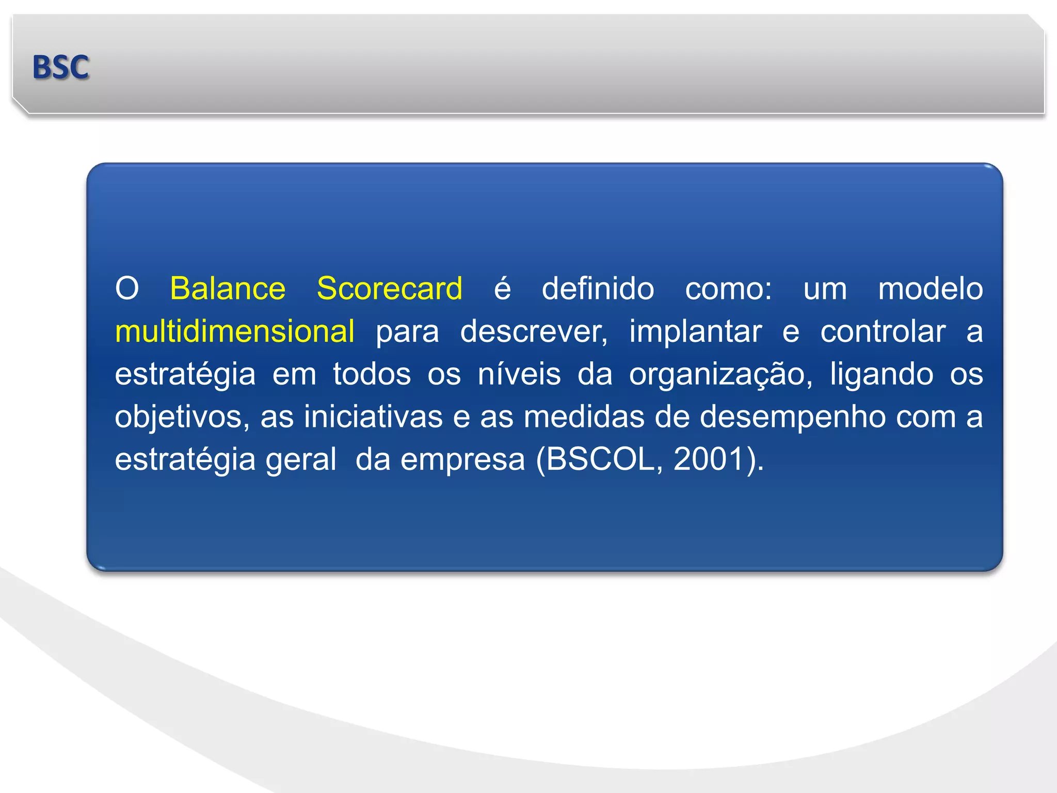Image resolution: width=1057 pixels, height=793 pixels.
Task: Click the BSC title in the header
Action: (60, 67)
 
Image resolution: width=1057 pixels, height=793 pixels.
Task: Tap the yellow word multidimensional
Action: (234, 331)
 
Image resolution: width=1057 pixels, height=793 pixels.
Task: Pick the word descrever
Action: (534, 331)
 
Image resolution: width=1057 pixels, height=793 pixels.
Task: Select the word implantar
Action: (695, 331)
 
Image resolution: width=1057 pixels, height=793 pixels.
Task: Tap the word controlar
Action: (883, 331)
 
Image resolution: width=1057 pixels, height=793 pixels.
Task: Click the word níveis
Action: (519, 374)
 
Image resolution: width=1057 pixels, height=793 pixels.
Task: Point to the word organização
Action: (720, 375)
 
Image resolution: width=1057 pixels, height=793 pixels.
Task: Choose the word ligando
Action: (881, 375)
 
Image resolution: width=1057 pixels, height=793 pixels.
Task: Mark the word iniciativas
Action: (373, 417)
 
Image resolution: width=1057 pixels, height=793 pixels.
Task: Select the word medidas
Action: (584, 417)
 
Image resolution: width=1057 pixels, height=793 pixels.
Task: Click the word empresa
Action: (462, 459)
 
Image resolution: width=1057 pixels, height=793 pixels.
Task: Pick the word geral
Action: (300, 459)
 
